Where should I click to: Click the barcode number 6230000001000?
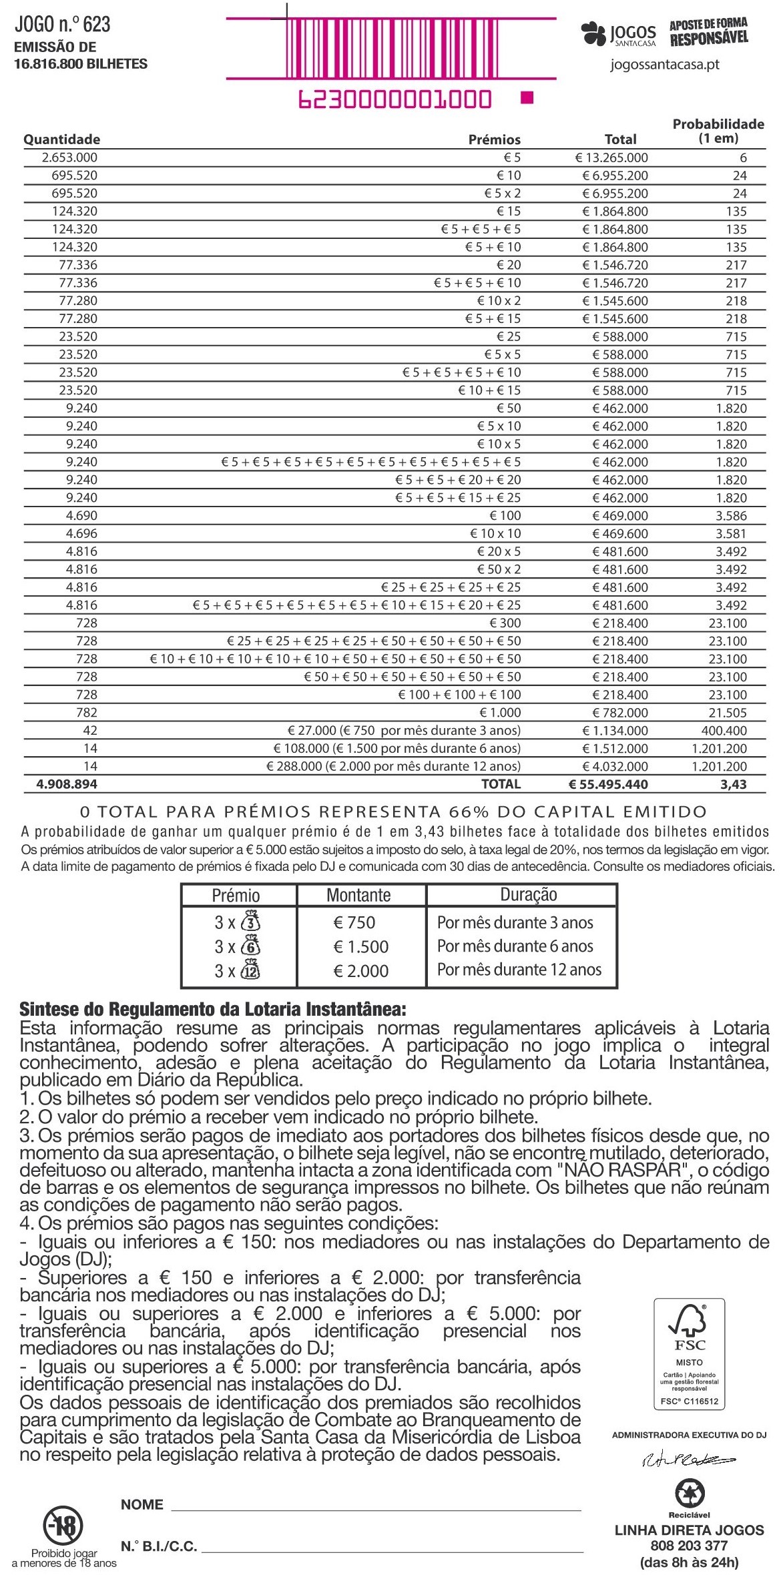coord(394,99)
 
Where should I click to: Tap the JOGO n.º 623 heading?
coord(62,25)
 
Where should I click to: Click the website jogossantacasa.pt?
coord(665,65)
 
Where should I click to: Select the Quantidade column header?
coord(61,139)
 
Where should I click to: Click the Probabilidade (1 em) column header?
coord(718,131)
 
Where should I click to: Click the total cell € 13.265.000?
coord(611,158)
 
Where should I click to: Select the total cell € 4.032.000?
coord(615,767)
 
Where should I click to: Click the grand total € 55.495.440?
coord(607,785)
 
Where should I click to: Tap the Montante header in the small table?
coord(358,896)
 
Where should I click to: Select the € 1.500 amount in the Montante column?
coord(360,947)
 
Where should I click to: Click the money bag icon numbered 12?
coord(250,970)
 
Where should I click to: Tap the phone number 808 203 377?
coord(689,1546)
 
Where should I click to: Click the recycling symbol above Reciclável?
coord(689,1494)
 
